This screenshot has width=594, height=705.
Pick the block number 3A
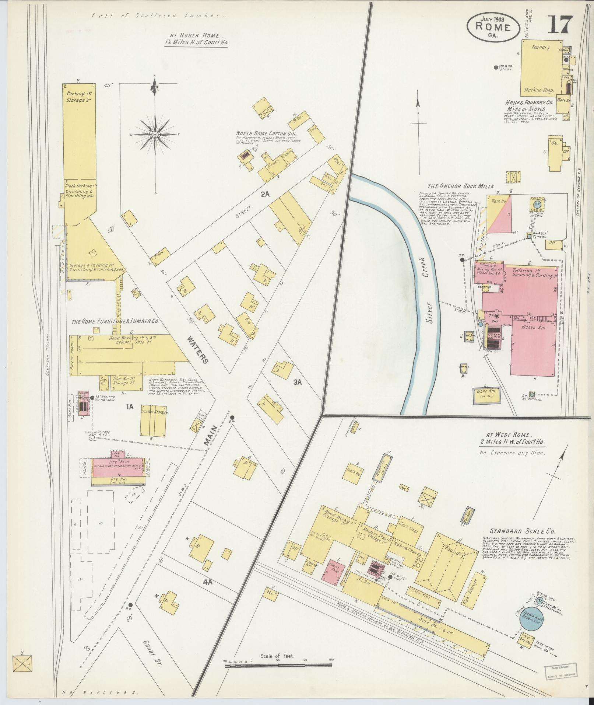(298, 382)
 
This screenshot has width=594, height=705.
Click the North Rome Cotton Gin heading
(266, 133)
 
